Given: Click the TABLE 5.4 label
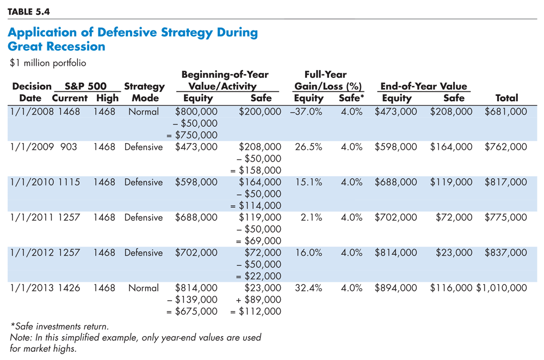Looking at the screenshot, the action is [29, 12].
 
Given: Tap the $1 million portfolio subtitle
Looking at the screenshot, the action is [48, 63].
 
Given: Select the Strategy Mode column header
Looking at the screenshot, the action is [144, 92].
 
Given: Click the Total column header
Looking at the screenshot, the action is [506, 98].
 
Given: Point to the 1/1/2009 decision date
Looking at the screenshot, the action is [32, 147].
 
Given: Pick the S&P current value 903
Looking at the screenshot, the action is [69, 147].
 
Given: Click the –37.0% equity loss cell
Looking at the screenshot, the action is [306, 111].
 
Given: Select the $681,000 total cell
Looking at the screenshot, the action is [506, 111].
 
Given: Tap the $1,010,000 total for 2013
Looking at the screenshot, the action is [502, 288].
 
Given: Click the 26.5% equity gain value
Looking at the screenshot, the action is [308, 147].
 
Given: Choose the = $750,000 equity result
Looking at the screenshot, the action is [192, 135].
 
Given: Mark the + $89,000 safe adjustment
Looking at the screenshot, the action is [258, 300].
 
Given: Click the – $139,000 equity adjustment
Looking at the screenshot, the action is [192, 300].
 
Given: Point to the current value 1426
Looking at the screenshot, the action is [69, 288].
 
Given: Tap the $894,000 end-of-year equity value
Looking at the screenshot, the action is [395, 288].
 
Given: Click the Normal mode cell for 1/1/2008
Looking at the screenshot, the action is [143, 111].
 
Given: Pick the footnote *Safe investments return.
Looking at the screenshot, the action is [59, 326].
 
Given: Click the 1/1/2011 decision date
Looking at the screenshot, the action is [32, 218].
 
